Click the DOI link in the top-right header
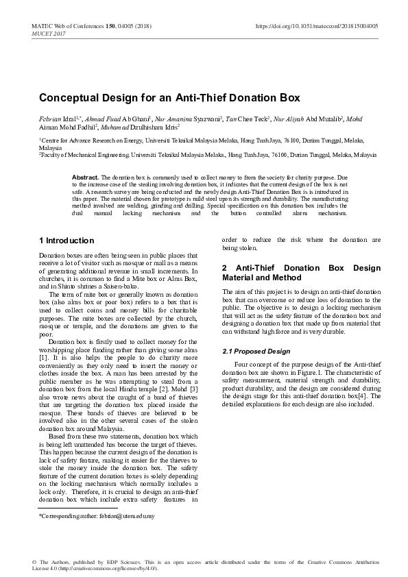pyautogui.click(x=316, y=25)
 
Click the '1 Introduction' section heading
pyautogui.click(x=67, y=241)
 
